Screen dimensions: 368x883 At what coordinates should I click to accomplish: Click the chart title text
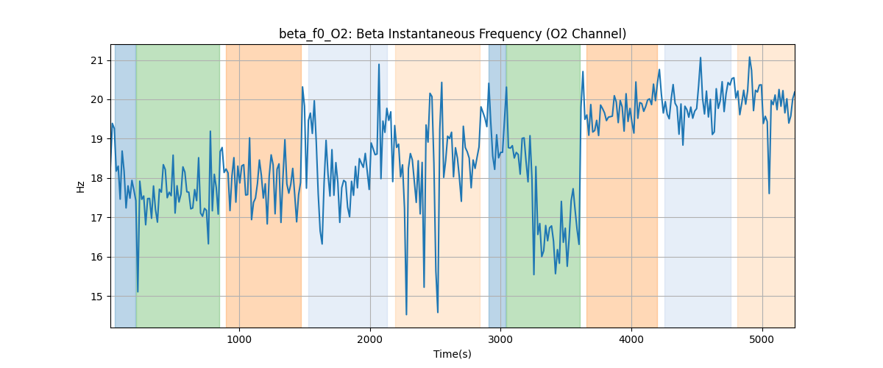453,34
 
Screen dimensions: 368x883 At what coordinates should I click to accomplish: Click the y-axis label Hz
80,186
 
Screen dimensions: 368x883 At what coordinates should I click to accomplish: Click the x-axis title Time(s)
453,354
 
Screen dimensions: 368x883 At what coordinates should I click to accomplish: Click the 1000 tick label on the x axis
239,339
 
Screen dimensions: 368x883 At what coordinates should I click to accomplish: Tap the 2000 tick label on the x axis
370,339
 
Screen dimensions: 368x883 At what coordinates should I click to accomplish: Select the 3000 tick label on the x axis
501,339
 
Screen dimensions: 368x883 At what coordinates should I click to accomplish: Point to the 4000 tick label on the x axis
632,339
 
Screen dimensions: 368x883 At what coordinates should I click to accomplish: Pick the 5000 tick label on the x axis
762,339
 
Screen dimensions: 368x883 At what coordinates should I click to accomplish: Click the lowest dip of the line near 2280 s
406,314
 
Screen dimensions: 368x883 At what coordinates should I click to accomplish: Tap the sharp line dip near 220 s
138,291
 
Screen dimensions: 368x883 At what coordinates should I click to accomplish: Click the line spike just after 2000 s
379,65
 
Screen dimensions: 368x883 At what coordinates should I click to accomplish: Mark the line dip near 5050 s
769,194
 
